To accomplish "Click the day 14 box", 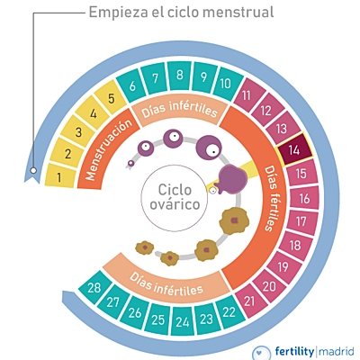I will click(x=296, y=150).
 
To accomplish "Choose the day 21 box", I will click(x=248, y=300).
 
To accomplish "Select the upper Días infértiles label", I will click(x=180, y=112).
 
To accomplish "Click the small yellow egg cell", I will click(x=213, y=190).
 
